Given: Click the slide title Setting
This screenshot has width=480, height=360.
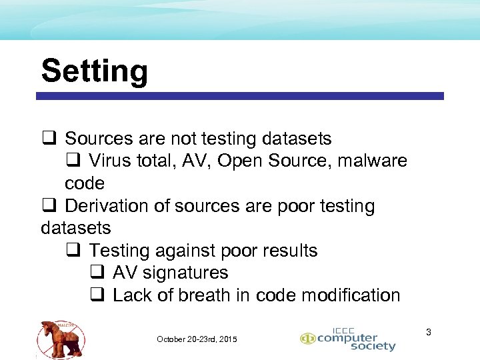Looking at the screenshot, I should click(x=94, y=71).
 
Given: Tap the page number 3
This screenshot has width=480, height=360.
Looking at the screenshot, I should click(x=429, y=332).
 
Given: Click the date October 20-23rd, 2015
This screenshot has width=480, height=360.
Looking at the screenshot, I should click(x=197, y=339).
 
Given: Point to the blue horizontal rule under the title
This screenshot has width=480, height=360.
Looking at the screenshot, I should click(x=240, y=96).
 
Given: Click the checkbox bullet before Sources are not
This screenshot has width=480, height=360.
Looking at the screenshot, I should click(x=48, y=139).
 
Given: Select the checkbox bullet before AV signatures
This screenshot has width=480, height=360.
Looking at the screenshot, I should click(x=97, y=273).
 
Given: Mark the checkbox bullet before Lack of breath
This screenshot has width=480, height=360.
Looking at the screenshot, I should click(x=97, y=295).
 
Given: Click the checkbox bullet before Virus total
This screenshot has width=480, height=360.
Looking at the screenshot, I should click(x=73, y=161).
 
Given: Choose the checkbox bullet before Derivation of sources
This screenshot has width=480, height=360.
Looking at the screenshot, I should click(x=48, y=206).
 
